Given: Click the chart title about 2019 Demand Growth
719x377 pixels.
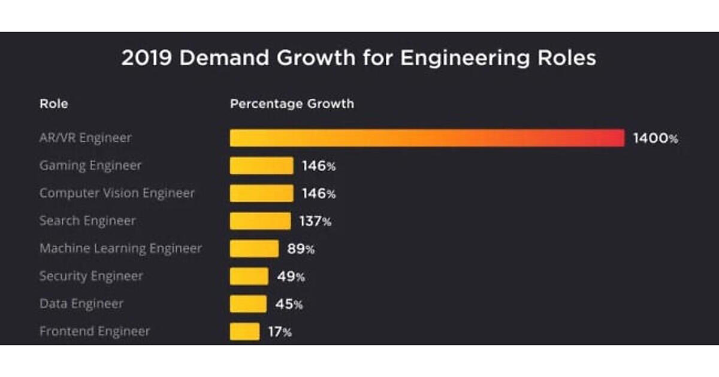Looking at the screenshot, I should [358, 59].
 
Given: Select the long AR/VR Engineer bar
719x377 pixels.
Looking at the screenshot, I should [427, 138].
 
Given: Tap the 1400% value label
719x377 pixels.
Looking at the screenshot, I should [656, 139].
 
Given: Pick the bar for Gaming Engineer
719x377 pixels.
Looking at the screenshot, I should [261, 166].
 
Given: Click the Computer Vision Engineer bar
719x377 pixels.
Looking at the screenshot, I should [261, 193].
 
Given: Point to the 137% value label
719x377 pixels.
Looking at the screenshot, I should [315, 221].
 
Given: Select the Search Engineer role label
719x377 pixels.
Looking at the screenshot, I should [87, 221].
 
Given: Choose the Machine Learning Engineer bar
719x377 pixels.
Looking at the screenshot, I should [254, 248].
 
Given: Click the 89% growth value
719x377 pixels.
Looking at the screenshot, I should [301, 249].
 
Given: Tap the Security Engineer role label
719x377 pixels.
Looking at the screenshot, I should [91, 276].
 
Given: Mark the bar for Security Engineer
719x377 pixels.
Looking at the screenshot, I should [249, 276].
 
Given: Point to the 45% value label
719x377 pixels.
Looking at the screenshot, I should [289, 304].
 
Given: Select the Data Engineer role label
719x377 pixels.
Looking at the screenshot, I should [81, 303].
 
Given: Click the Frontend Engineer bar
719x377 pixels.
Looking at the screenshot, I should [244, 332].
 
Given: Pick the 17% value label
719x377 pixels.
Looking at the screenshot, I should [279, 332].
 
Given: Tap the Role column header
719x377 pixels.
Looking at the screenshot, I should [53, 104].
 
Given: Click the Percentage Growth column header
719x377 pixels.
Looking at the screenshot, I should [292, 104].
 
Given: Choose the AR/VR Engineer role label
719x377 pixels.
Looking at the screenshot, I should [85, 138].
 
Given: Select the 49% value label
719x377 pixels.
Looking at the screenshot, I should [290, 276].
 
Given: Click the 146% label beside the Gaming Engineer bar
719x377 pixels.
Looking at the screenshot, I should [319, 166].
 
